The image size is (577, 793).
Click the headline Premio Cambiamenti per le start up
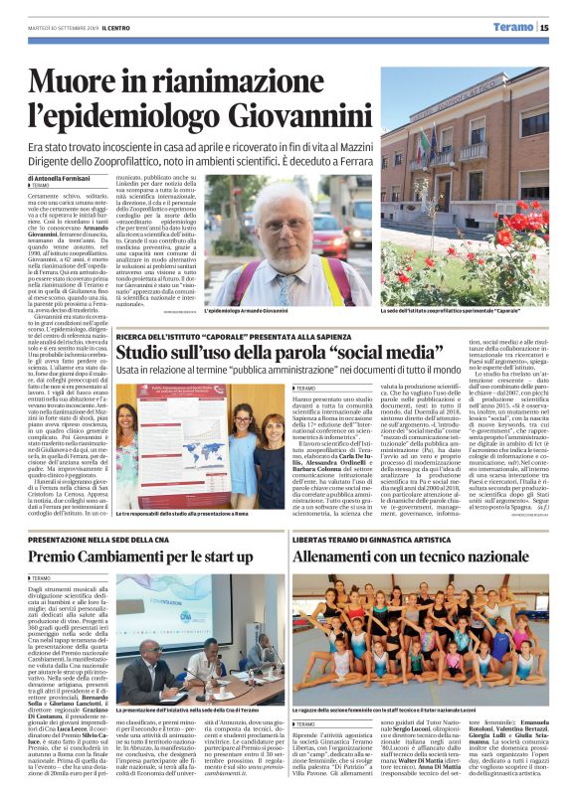[155, 556]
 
